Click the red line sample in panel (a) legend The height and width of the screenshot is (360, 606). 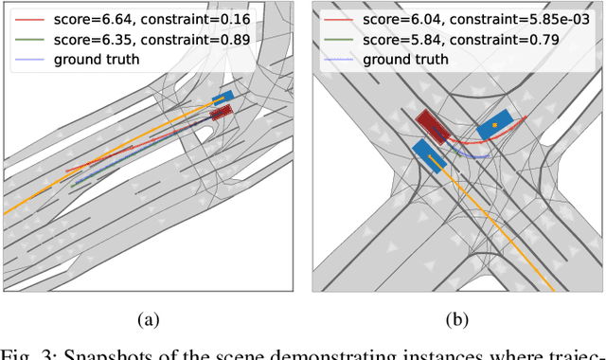[x=31, y=17]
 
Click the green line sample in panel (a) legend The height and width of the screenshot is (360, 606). [x=31, y=38]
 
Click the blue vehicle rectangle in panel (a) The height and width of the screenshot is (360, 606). [x=223, y=98]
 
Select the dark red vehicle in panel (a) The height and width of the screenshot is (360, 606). [x=220, y=113]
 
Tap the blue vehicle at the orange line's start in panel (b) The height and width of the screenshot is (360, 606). [x=428, y=156]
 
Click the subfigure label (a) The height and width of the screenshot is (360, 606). [x=147, y=320]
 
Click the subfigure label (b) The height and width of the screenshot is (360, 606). [x=457, y=320]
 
